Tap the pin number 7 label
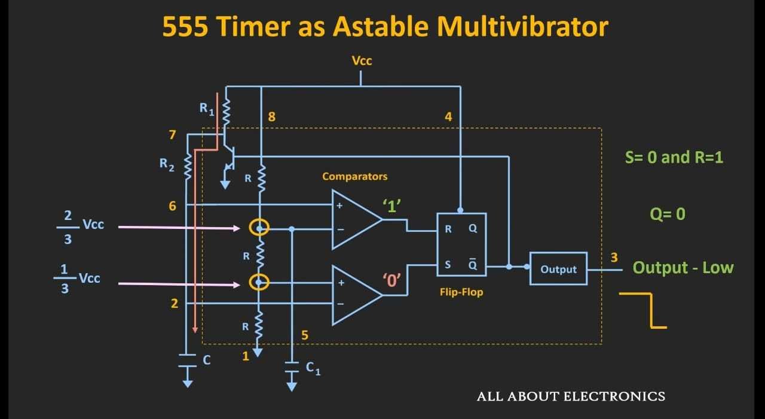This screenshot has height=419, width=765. coord(173,134)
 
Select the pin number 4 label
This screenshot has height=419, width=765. coord(448,117)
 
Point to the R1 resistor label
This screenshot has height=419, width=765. coord(207,109)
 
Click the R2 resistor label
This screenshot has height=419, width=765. coord(167,164)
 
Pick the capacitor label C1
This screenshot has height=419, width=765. coord(313,368)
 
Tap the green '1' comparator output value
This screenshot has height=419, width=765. coord(391,206)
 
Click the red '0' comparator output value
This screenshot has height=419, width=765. coord(391,280)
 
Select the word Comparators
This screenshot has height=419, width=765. coord(355,176)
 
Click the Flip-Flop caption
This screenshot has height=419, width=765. coord(461,292)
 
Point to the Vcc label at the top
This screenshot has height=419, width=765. coord(362,61)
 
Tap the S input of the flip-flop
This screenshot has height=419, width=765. coord(448,264)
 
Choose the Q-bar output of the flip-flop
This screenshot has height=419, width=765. coord(473,264)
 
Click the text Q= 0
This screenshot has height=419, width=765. coord(668,214)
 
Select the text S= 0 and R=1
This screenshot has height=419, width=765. coord(674,157)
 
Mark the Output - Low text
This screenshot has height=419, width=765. coord(683,267)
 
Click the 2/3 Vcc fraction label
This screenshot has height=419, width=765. coord(80,227)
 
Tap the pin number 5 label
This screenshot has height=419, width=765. coord(305,335)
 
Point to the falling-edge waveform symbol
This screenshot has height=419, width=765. coord(651,310)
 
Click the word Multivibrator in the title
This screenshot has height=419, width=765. coord(522,26)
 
